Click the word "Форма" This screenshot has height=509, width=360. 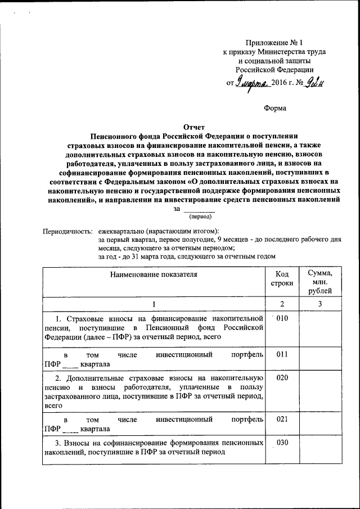point(275,107)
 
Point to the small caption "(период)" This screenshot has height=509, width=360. point(200,216)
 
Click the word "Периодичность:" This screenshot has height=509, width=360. point(67,231)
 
